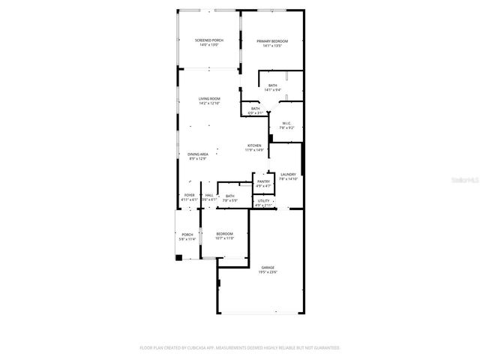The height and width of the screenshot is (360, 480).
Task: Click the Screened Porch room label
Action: (x=209, y=40)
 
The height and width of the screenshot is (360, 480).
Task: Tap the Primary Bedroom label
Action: (x=271, y=40)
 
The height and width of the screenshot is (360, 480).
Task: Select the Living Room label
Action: (x=209, y=99)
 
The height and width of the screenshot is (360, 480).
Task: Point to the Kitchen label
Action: (x=255, y=145)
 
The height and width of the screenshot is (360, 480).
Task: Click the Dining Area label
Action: (x=198, y=154)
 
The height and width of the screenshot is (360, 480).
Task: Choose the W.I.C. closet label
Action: (x=286, y=123)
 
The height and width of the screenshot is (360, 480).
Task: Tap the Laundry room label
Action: (x=289, y=175)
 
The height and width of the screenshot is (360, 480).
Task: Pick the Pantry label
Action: (x=263, y=181)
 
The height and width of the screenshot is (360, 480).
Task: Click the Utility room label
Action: (x=263, y=200)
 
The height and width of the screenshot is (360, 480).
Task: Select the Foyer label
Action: (x=190, y=196)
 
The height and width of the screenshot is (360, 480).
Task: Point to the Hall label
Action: (x=209, y=196)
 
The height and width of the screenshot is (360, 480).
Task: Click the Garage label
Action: (x=268, y=267)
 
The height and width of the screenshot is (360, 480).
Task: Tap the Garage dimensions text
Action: (x=268, y=272)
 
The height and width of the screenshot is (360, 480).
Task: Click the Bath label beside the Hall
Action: (x=229, y=196)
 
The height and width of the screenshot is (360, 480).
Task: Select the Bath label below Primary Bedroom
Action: (x=273, y=85)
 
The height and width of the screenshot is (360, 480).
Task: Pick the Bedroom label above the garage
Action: (x=225, y=233)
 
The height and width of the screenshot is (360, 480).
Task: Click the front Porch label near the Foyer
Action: (x=187, y=235)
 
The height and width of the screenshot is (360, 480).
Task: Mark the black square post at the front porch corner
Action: (x=178, y=258)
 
